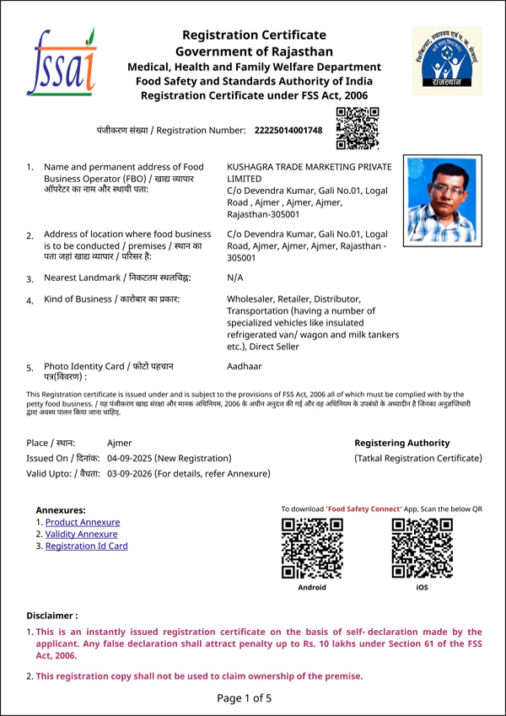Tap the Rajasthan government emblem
[x=445, y=60]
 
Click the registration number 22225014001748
[x=288, y=130]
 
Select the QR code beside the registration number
[x=358, y=129]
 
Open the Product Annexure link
[x=83, y=523]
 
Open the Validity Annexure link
[x=81, y=535]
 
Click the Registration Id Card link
[x=86, y=546]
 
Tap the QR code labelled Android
[x=311, y=548]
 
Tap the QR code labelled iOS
[x=422, y=548]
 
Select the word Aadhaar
[x=245, y=368]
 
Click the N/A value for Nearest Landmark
[x=236, y=277]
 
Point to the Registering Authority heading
[x=401, y=443]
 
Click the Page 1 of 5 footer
[x=245, y=698]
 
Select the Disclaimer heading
[x=52, y=616]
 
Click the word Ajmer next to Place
[x=120, y=443]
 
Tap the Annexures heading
[x=61, y=510]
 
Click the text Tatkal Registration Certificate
[x=418, y=458]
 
